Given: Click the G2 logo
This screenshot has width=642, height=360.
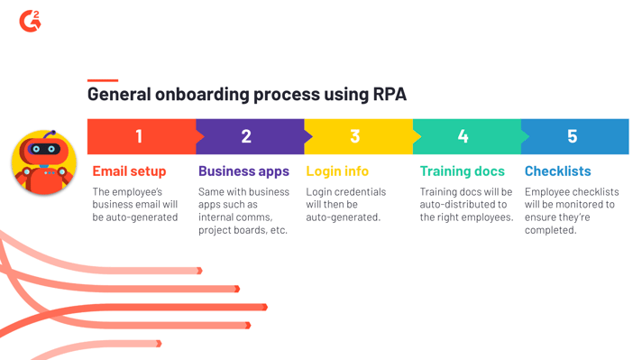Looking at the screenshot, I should click(30, 21).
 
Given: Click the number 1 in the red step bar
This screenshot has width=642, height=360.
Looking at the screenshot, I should click(139, 136).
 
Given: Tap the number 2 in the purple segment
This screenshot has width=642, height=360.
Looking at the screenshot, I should click(246, 136).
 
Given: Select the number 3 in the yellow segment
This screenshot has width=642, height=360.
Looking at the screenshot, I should click(354, 136).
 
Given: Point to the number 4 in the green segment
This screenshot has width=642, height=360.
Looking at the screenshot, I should click(463, 136).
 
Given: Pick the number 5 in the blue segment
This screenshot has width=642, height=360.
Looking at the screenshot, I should click(572, 136).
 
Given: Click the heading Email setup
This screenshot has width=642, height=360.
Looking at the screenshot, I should click(129, 171).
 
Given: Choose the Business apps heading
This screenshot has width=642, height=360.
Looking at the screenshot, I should click(243, 171).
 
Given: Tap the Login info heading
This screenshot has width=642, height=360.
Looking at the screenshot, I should click(337, 171).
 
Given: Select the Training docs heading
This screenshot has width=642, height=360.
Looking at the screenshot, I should click(462, 171).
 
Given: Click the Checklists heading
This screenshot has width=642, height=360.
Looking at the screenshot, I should click(557, 171).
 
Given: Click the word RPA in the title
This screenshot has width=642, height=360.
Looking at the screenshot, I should click(390, 94).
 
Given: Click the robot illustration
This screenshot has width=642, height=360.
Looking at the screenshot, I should click(43, 162).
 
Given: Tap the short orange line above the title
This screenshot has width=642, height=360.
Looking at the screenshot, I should click(102, 80).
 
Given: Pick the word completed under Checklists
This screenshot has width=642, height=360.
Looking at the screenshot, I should click(550, 230).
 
